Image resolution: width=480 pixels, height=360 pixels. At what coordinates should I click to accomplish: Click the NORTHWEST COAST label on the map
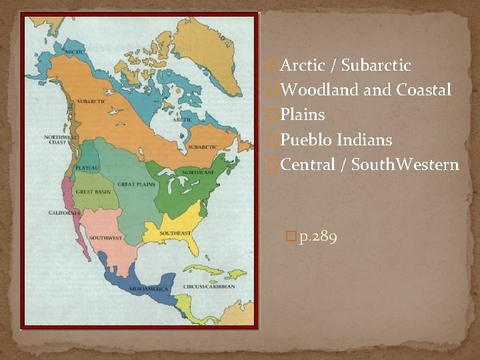[60, 139]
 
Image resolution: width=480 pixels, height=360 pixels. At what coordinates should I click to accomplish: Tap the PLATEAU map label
[87, 167]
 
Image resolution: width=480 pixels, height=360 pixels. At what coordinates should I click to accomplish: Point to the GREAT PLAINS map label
[136, 184]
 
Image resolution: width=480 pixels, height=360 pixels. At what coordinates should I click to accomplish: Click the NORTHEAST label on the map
[199, 172]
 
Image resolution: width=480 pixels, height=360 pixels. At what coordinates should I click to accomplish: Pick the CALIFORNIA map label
[65, 213]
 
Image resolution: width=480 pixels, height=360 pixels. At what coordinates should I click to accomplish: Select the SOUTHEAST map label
[175, 233]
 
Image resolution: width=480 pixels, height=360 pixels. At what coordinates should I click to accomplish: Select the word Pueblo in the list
[307, 140]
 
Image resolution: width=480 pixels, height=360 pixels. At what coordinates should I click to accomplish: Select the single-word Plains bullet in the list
[303, 115]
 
